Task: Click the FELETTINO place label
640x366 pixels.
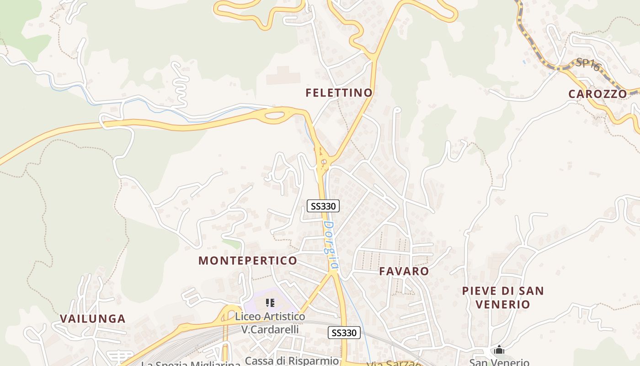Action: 339,93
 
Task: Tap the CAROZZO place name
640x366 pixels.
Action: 597,94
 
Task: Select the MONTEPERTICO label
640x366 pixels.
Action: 247,261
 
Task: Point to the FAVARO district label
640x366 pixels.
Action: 404,271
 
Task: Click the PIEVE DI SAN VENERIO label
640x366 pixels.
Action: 503,297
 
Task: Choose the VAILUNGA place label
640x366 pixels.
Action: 92,319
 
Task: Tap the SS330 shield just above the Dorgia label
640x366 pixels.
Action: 323,206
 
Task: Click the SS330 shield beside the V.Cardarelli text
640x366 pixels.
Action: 344,333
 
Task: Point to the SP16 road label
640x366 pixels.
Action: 587,64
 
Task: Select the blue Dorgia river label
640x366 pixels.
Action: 331,245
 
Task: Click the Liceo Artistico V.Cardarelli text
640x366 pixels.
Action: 270,323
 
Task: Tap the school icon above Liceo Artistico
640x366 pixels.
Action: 270,303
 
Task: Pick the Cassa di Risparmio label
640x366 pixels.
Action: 292,361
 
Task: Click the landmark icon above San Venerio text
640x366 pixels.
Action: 499,350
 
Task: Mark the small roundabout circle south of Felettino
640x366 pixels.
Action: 324,161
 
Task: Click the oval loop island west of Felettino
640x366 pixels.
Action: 275,114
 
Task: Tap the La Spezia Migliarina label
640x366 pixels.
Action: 191,364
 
